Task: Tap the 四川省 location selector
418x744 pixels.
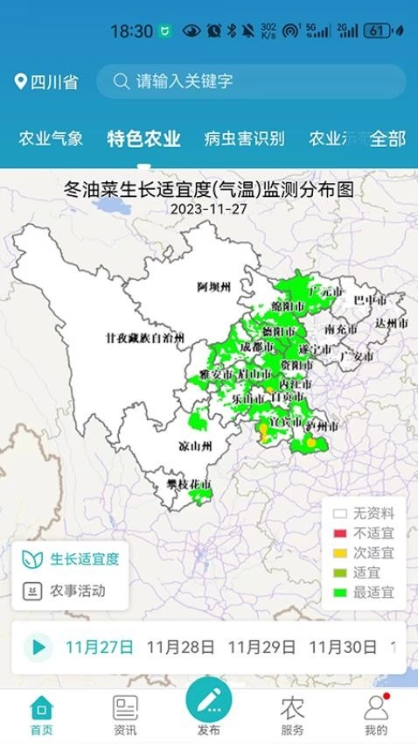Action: [47, 82]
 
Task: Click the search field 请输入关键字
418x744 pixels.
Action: [250, 81]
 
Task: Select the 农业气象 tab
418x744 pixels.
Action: [52, 138]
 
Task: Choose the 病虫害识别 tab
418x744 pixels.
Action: [244, 138]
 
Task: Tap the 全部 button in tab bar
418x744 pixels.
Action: [387, 138]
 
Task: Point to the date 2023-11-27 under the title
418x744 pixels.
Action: [209, 209]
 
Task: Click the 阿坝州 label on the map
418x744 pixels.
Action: [213, 287]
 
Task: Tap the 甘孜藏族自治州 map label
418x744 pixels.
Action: [145, 337]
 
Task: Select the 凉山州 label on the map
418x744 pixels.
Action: [196, 446]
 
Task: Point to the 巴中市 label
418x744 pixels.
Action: [369, 300]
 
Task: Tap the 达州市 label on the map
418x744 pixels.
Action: [392, 323]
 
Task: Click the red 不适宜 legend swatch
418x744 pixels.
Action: [340, 533]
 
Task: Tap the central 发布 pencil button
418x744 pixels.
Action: [209, 700]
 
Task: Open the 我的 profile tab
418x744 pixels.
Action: [376, 714]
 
